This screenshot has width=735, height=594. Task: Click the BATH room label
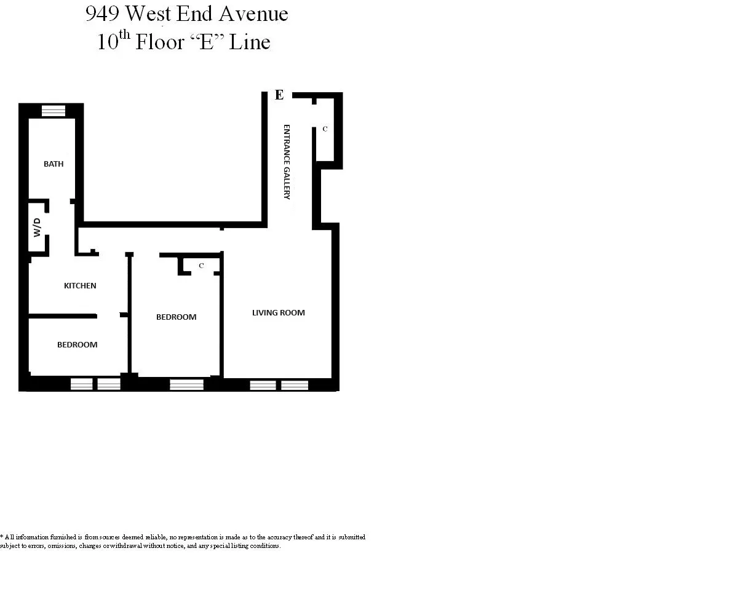coord(54,164)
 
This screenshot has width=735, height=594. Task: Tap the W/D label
coord(38,227)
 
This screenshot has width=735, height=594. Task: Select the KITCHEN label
coord(80,286)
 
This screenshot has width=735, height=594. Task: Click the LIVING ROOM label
coord(278,313)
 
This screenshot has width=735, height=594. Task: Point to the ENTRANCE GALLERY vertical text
coord(287,162)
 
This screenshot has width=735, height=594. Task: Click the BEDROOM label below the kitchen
coord(77,345)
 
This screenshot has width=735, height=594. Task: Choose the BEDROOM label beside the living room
coord(176,317)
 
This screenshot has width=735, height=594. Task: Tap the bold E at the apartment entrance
coord(279,95)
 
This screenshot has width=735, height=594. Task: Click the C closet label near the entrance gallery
coord(325,129)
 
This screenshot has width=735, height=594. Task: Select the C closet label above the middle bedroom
coord(201,266)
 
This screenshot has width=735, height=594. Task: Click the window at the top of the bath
coord(53,111)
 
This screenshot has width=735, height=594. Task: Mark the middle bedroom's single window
coord(186,385)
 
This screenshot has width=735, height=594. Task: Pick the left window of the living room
coord(263,386)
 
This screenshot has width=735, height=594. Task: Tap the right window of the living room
coord(295,386)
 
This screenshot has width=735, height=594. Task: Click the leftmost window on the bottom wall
coord(82,384)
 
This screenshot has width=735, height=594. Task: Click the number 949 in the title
coord(103,14)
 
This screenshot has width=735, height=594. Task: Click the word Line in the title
coord(250,42)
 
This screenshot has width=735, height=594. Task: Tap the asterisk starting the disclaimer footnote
coord(2,536)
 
